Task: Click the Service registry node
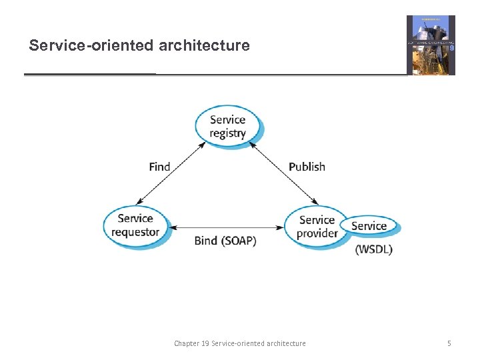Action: pos(228,126)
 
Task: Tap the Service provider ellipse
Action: pos(315,227)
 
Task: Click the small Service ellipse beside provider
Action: pos(371,226)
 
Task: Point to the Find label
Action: pos(160,167)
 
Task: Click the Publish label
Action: pos(307,167)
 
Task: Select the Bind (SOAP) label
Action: pos(225,241)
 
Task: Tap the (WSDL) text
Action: pos(374,249)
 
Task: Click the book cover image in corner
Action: pos(431,45)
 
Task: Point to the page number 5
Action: pos(449,343)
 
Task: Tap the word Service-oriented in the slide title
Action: pos(91,46)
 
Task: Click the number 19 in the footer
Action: pos(205,343)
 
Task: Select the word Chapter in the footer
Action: pos(186,343)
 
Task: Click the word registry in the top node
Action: pos(228,133)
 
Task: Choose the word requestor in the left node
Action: pos(135,232)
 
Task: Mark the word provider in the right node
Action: pos(317,233)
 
